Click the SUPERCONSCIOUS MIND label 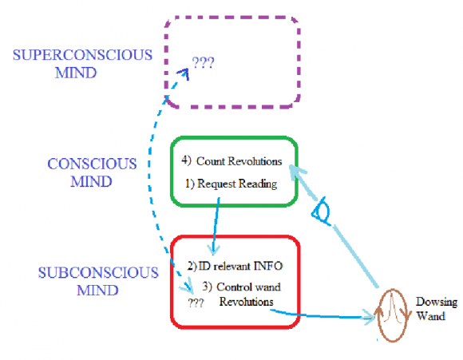[82, 64]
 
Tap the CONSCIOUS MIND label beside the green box [92, 172]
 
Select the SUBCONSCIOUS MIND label [98, 281]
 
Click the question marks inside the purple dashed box [203, 62]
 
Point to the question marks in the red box [196, 303]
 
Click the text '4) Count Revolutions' [231, 161]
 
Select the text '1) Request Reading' [231, 184]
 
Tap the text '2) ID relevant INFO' [235, 266]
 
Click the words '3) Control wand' [242, 287]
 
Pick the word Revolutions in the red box [246, 302]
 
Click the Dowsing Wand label [437, 309]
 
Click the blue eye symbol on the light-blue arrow [321, 212]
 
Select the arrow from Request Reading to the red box [216, 226]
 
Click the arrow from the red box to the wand [322, 316]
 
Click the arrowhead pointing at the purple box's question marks [184, 73]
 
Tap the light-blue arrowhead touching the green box [296, 172]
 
